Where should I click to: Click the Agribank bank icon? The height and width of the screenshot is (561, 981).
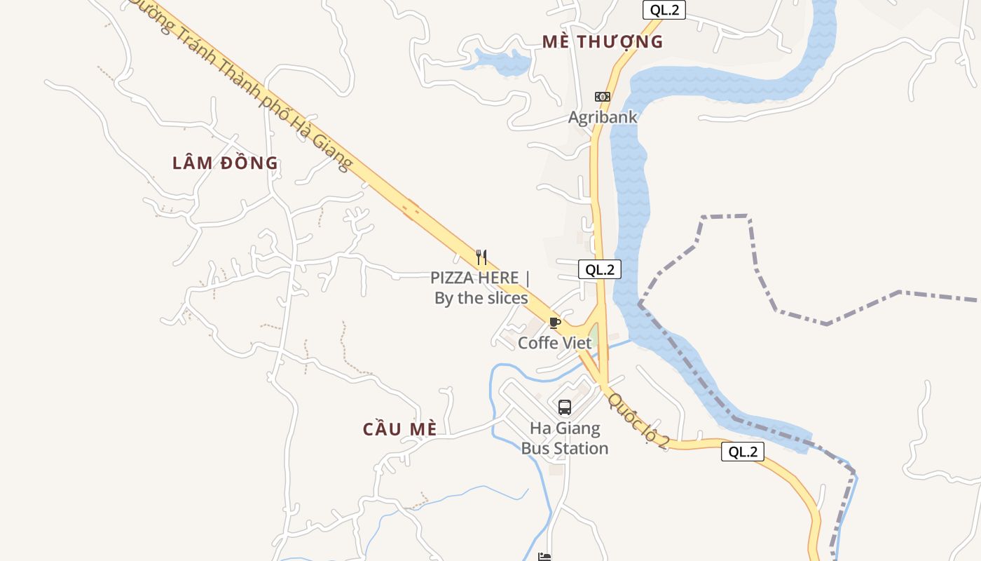point(602,97)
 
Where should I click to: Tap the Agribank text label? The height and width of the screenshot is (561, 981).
point(603,117)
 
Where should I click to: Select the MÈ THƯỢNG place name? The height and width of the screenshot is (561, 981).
point(603,42)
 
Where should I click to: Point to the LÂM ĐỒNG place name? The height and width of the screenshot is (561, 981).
point(225,163)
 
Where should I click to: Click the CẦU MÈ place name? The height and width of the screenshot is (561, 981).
point(399,429)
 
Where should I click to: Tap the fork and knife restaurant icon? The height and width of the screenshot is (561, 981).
point(481,257)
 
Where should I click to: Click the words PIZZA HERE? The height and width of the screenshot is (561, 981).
point(475,278)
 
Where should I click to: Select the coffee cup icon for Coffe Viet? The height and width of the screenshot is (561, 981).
point(554,323)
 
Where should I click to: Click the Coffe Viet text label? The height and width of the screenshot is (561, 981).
point(554,343)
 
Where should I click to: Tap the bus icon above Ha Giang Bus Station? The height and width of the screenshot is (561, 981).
point(564,407)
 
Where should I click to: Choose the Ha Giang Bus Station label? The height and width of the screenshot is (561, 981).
point(565,438)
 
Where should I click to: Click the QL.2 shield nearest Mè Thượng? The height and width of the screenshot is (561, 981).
point(663,10)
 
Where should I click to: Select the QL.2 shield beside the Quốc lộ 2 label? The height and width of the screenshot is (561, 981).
point(742,452)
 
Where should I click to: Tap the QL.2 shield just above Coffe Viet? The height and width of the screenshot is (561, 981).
point(600,269)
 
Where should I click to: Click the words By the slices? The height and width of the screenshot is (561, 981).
point(481,298)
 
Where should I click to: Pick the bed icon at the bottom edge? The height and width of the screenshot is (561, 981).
point(544,557)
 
